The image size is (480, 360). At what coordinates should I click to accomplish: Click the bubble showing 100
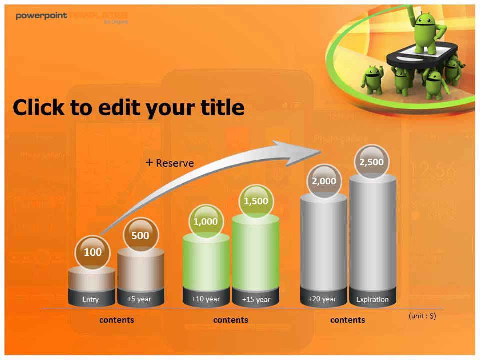point(92,252)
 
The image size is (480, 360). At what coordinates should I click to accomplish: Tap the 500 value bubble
point(140,235)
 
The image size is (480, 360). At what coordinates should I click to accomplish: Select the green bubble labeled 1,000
point(205,221)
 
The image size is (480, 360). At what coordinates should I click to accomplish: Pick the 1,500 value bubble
point(256,201)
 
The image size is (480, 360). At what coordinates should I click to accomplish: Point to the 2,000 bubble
point(324,181)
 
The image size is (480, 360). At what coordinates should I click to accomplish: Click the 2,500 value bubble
point(371,162)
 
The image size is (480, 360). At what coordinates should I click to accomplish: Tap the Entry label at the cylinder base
point(91,299)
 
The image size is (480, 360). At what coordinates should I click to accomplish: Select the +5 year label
point(139,299)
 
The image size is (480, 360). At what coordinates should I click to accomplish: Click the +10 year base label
point(205,299)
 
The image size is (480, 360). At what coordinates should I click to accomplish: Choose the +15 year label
point(256,299)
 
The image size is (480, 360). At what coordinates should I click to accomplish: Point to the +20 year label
point(322,299)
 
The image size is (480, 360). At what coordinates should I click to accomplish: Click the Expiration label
point(372,299)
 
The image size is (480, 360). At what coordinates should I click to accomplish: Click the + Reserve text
point(170,163)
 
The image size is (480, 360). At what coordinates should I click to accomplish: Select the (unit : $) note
point(422,316)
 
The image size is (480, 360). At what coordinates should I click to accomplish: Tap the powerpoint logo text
point(42,16)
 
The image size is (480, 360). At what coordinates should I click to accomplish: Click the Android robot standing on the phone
point(426,32)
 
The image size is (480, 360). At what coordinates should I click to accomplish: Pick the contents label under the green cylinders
point(230,320)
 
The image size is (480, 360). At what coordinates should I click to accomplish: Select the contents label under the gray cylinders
point(347,320)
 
